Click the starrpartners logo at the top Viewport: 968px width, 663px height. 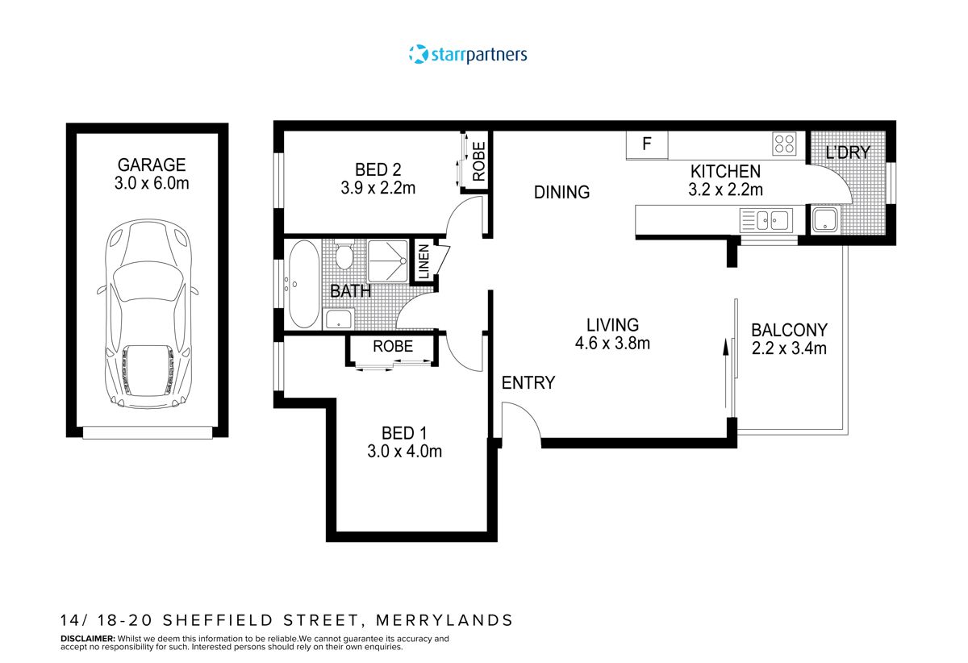click(468, 55)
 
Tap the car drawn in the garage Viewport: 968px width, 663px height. click(148, 315)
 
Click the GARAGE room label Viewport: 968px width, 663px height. click(150, 165)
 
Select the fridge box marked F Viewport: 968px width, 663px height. click(647, 145)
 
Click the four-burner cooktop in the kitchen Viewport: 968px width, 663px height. click(784, 144)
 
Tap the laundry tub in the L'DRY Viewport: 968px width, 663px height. click(824, 219)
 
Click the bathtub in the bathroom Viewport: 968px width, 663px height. click(303, 284)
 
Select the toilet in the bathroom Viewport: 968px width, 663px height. click(344, 257)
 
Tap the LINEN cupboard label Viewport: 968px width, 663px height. click(423, 263)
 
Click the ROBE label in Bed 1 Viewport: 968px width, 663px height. click(393, 347)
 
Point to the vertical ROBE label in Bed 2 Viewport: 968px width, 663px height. click(478, 161)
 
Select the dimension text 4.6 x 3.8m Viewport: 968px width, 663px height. click(612, 343)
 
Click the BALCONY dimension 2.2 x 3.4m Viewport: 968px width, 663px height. click(789, 348)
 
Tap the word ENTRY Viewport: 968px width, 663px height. click(528, 383)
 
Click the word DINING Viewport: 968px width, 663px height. click(561, 192)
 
